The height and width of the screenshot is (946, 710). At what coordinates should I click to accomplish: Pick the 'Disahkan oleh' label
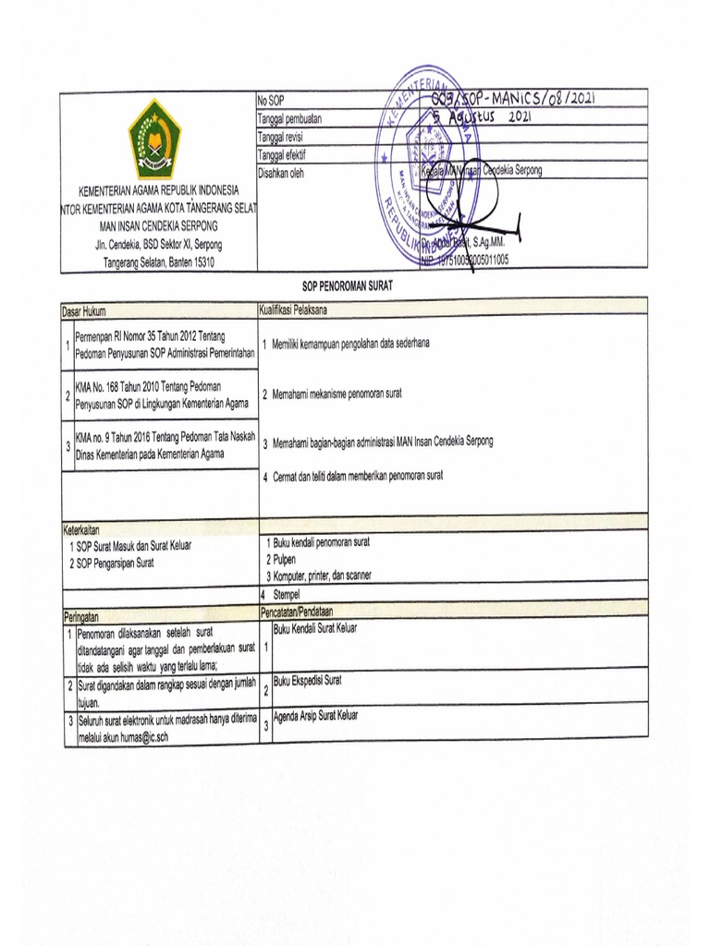(x=284, y=172)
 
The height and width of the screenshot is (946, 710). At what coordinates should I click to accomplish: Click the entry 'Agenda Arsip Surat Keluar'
(x=314, y=715)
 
